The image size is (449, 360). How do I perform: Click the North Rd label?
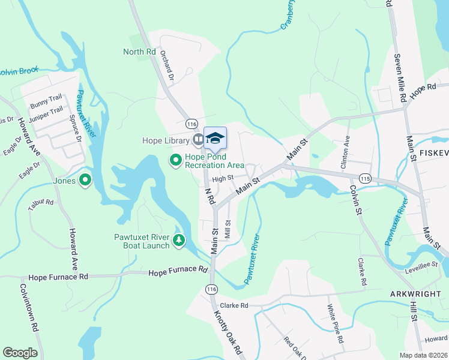coord(139,52)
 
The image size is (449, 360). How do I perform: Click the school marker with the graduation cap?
coord(215,139)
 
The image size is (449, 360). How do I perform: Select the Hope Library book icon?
coord(197,140)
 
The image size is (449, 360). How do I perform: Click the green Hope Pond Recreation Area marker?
coord(176,160)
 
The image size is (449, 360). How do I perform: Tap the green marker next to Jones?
coord(85,179)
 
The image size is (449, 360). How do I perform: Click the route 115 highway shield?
coord(365,179)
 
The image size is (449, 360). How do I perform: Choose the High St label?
coord(222,178)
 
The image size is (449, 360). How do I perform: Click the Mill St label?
coord(228,228)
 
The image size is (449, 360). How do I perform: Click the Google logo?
coord(20,352)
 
